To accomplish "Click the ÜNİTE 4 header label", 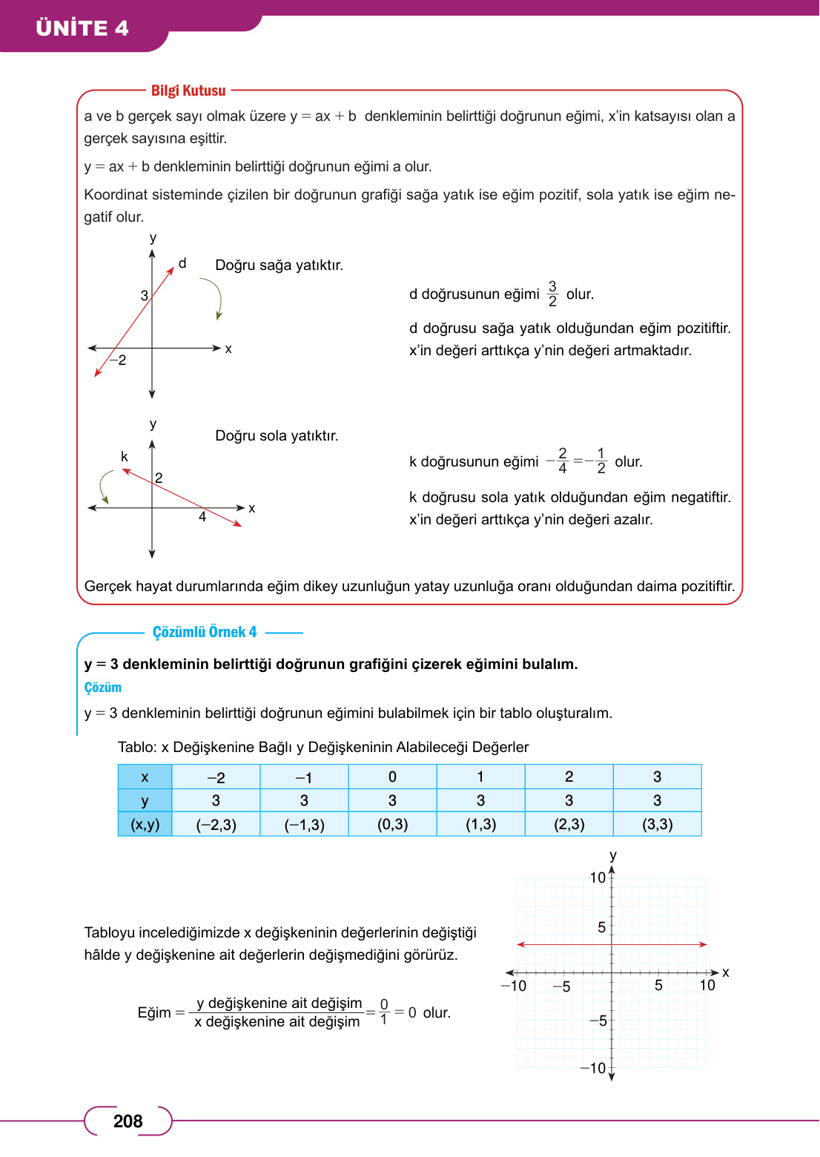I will (82, 28).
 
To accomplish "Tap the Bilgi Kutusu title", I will (188, 90).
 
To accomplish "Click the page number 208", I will (128, 1121).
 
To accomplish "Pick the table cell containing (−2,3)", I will (216, 824).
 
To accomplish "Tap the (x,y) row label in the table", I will (145, 824).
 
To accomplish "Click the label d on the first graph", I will (182, 263).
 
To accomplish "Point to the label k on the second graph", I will (125, 457).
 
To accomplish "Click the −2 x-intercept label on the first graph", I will (119, 360).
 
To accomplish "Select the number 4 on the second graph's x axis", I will (202, 517).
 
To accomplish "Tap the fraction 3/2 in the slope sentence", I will (552, 294).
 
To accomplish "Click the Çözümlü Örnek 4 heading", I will (205, 632).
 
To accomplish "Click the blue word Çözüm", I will (102, 688).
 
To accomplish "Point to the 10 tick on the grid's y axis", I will (598, 877).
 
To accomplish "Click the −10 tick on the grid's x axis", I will (513, 986).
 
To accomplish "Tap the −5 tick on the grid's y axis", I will (598, 1021).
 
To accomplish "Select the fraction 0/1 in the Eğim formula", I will (384, 1012).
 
